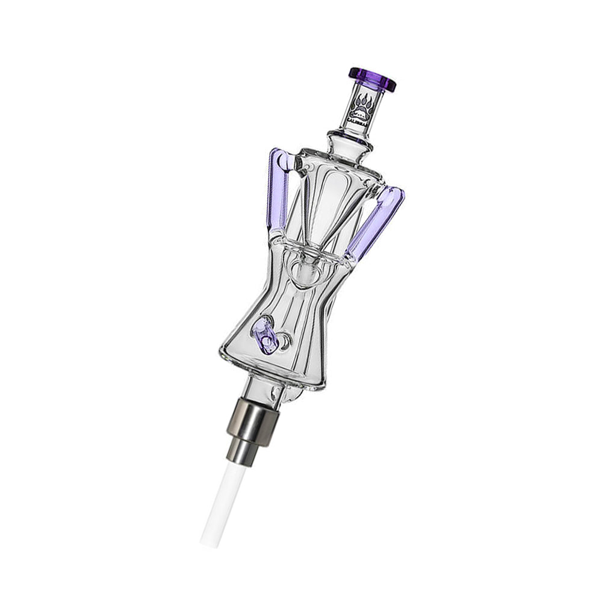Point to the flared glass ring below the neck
pyautogui.click(x=350, y=139)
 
